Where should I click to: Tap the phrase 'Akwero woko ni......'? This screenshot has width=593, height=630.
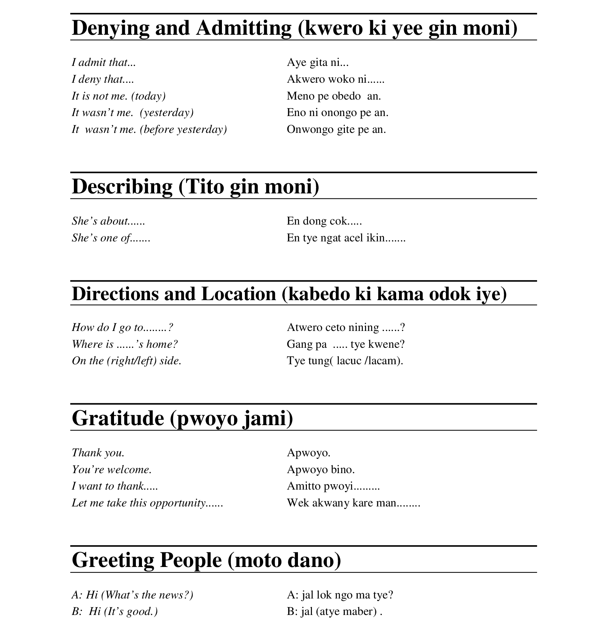pos(335,79)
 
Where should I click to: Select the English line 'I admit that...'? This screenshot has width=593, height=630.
pos(104,63)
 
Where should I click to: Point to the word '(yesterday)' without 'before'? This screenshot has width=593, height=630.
pos(167,113)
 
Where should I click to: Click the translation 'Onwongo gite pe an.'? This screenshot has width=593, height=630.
pos(336,129)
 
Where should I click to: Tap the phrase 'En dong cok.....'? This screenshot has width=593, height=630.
pos(324,221)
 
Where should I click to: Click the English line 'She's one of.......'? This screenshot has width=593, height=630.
pos(111,238)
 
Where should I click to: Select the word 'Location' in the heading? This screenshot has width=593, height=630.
pos(239,294)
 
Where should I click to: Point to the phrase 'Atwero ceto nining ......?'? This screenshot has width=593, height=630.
pos(346,327)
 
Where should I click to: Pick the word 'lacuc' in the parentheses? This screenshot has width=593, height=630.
pos(349,361)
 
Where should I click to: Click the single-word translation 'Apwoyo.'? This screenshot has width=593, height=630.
pos(308,453)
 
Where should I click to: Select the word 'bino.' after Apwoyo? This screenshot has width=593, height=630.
pos(343,470)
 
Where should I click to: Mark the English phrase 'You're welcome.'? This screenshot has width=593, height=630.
pos(112,470)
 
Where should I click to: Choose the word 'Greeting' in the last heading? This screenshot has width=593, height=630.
pos(113,560)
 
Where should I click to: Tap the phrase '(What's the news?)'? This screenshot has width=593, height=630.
pos(147,595)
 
